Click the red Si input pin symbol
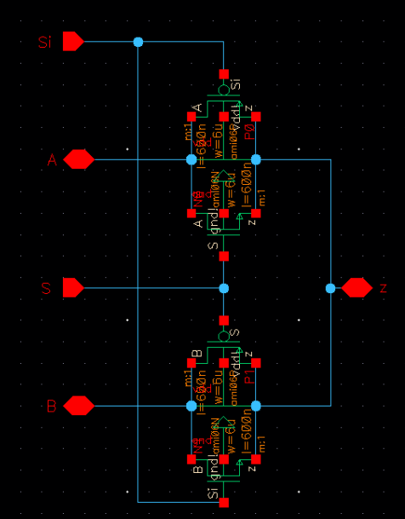(72, 42)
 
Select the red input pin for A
(78, 159)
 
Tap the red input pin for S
(72, 288)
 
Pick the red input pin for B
(78, 406)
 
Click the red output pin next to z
(357, 288)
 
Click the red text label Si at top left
(44, 42)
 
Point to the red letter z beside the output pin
(383, 288)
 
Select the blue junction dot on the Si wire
(138, 42)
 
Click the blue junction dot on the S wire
(224, 288)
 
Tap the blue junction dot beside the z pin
(330, 288)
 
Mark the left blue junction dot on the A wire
(191, 159)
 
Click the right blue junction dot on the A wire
(255, 159)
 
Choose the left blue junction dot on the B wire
(191, 406)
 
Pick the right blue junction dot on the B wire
(255, 406)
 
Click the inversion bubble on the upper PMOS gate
(224, 89)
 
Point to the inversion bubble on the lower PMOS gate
(224, 336)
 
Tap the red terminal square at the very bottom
(224, 503)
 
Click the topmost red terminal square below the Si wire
(224, 73)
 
